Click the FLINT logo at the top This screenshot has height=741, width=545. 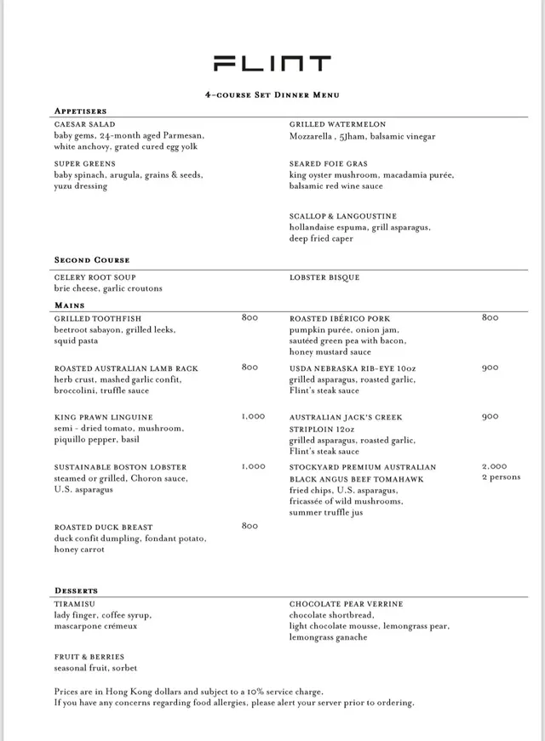pyautogui.click(x=272, y=64)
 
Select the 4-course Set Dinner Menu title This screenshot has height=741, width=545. pyautogui.click(x=272, y=95)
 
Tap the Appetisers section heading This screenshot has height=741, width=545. pyautogui.click(x=80, y=111)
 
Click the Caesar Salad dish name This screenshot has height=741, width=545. pyautogui.click(x=84, y=124)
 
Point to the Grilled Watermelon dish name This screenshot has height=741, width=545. pyautogui.click(x=337, y=124)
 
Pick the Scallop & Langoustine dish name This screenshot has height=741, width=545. pyautogui.click(x=342, y=216)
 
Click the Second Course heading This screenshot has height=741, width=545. pyautogui.click(x=92, y=259)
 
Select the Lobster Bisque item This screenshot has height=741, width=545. pyautogui.click(x=324, y=277)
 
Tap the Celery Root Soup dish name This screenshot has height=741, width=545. pyautogui.click(x=95, y=277)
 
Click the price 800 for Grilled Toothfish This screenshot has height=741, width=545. pyautogui.click(x=250, y=317)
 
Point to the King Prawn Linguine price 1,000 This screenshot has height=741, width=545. pyautogui.click(x=253, y=417)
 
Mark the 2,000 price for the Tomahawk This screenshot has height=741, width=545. pyautogui.click(x=494, y=467)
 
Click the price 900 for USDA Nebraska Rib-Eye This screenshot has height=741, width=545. pyautogui.click(x=490, y=368)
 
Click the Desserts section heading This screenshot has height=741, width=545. pyautogui.click(x=76, y=590)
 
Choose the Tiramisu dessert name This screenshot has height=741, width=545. pyautogui.click(x=74, y=604)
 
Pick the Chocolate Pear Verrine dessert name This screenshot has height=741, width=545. pyautogui.click(x=346, y=604)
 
